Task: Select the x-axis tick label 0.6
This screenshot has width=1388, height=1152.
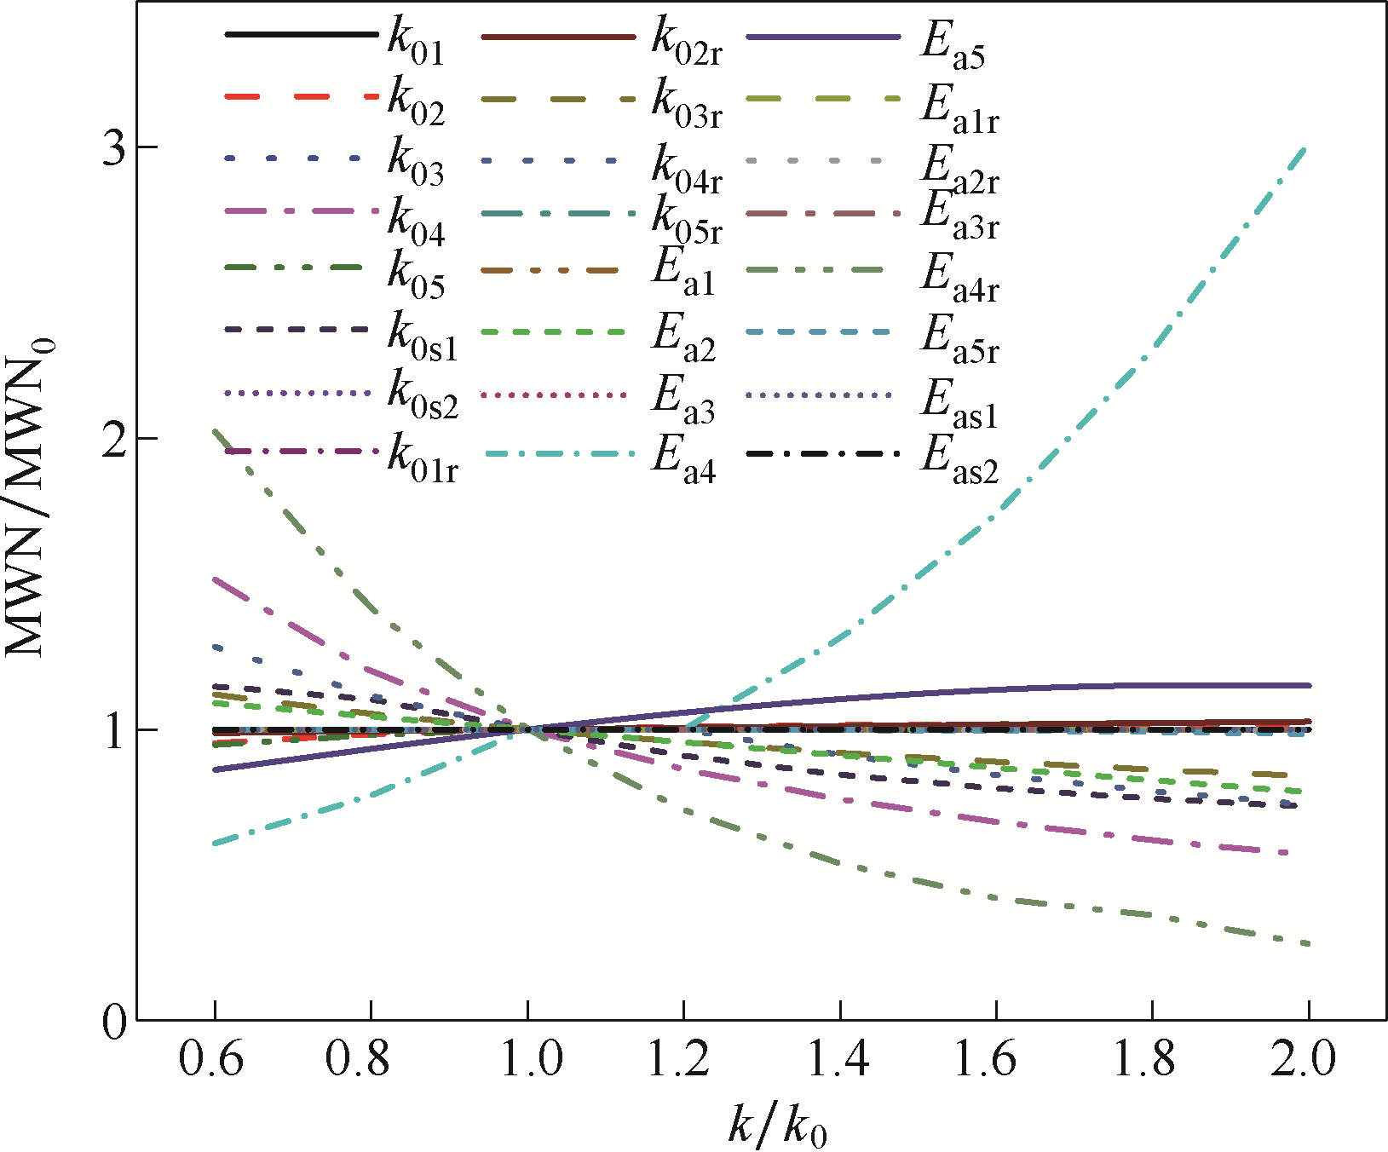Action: (x=212, y=1059)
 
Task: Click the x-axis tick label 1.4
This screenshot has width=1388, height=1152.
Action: (x=838, y=1059)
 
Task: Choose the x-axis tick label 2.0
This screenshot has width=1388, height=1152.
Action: (x=1304, y=1059)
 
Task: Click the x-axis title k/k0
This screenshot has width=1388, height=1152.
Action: (x=778, y=1123)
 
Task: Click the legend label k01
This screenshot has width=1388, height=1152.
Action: (x=416, y=42)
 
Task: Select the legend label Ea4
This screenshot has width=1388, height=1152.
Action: (x=684, y=461)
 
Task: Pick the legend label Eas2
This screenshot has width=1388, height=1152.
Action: (x=959, y=461)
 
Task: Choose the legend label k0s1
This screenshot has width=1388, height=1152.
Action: (x=423, y=338)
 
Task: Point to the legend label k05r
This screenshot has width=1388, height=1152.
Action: (x=687, y=219)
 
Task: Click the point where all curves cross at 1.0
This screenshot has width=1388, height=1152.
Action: (x=527, y=729)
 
